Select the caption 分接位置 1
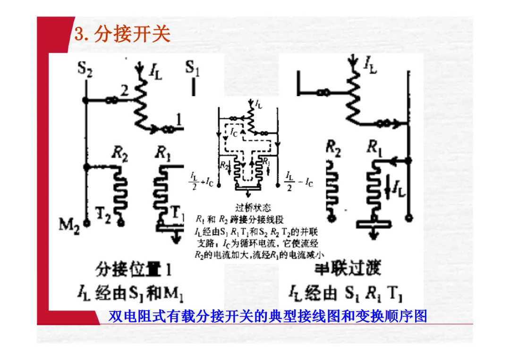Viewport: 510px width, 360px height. click(x=133, y=270)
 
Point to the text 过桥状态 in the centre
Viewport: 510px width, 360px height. click(x=253, y=207)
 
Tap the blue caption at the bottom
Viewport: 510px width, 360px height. click(x=268, y=316)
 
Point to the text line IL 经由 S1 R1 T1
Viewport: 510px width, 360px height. click(x=344, y=294)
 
